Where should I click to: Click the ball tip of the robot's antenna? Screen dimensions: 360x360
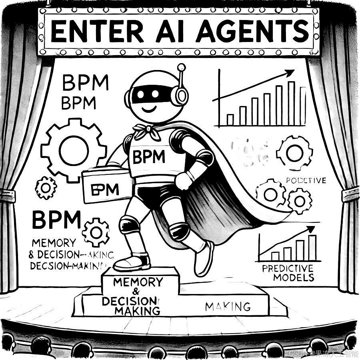pos(181,67)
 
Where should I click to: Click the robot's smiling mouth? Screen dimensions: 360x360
pos(149,109)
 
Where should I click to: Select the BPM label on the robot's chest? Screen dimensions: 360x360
pos(148,157)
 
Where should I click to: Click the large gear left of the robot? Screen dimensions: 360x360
pos(74,150)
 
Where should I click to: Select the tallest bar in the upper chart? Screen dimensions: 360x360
pos(291,104)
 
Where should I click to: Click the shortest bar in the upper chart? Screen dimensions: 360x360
pos(230,120)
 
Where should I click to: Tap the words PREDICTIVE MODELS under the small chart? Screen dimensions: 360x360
pos(288,273)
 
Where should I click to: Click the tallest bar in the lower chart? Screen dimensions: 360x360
pos(312,248)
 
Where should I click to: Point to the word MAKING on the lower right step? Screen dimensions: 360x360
pos(228,307)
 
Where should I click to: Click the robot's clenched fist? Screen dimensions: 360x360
pos(184,181)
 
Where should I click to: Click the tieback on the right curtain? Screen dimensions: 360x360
pos(350,194)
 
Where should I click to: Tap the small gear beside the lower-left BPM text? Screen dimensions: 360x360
pos(96,232)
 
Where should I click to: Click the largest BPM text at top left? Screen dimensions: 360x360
pos(86,83)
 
